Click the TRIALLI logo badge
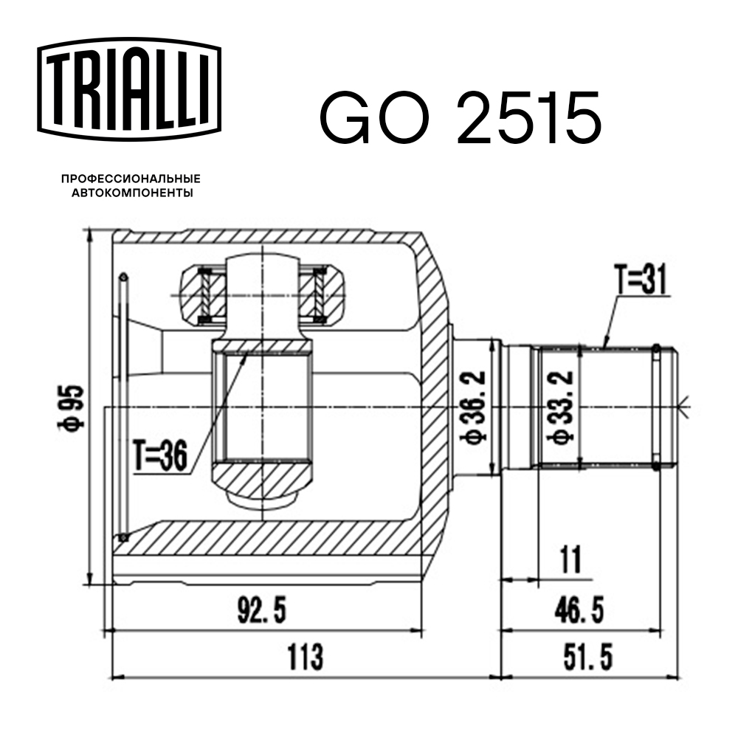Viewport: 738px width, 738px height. click(129, 89)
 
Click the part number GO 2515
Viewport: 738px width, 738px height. click(461, 117)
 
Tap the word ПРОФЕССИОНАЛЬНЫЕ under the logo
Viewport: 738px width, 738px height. click(131, 179)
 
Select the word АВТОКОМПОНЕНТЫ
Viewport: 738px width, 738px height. click(132, 193)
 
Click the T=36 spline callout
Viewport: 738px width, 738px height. click(159, 455)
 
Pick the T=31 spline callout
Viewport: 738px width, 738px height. click(641, 280)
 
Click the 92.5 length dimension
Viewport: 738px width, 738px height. click(262, 610)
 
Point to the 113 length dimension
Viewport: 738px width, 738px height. click(306, 657)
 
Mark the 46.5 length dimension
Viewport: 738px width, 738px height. click(579, 610)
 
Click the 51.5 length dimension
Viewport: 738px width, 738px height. click(588, 657)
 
